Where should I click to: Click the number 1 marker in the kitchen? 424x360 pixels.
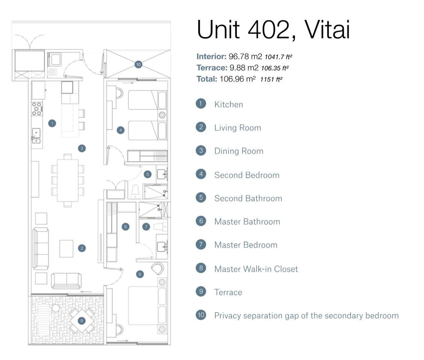coord(52,123)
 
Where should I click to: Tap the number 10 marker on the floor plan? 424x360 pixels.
coord(138,64)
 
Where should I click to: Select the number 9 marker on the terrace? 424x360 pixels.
coord(81,321)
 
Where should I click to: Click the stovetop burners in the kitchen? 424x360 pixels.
coord(37,109)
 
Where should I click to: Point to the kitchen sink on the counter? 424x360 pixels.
coord(36,135)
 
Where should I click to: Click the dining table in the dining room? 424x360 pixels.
coord(68,180)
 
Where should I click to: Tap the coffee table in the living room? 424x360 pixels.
coord(66,249)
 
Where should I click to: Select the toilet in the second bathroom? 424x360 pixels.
coord(135,192)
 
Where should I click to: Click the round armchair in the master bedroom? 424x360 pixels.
coord(157,268)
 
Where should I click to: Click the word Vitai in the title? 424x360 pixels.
coord(327,30)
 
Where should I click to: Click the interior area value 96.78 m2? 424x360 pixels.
coord(245,57)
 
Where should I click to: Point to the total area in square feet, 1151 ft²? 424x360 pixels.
coord(271,79)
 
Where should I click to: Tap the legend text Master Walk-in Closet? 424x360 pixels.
coord(256,269)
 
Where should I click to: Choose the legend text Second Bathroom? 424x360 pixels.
coord(248,198)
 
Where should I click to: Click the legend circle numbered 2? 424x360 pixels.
coord(201,127)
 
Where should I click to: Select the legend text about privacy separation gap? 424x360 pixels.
coord(307,316)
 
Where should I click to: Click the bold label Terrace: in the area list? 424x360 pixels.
coord(212,67)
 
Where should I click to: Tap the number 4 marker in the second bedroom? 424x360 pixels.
coord(120,130)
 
